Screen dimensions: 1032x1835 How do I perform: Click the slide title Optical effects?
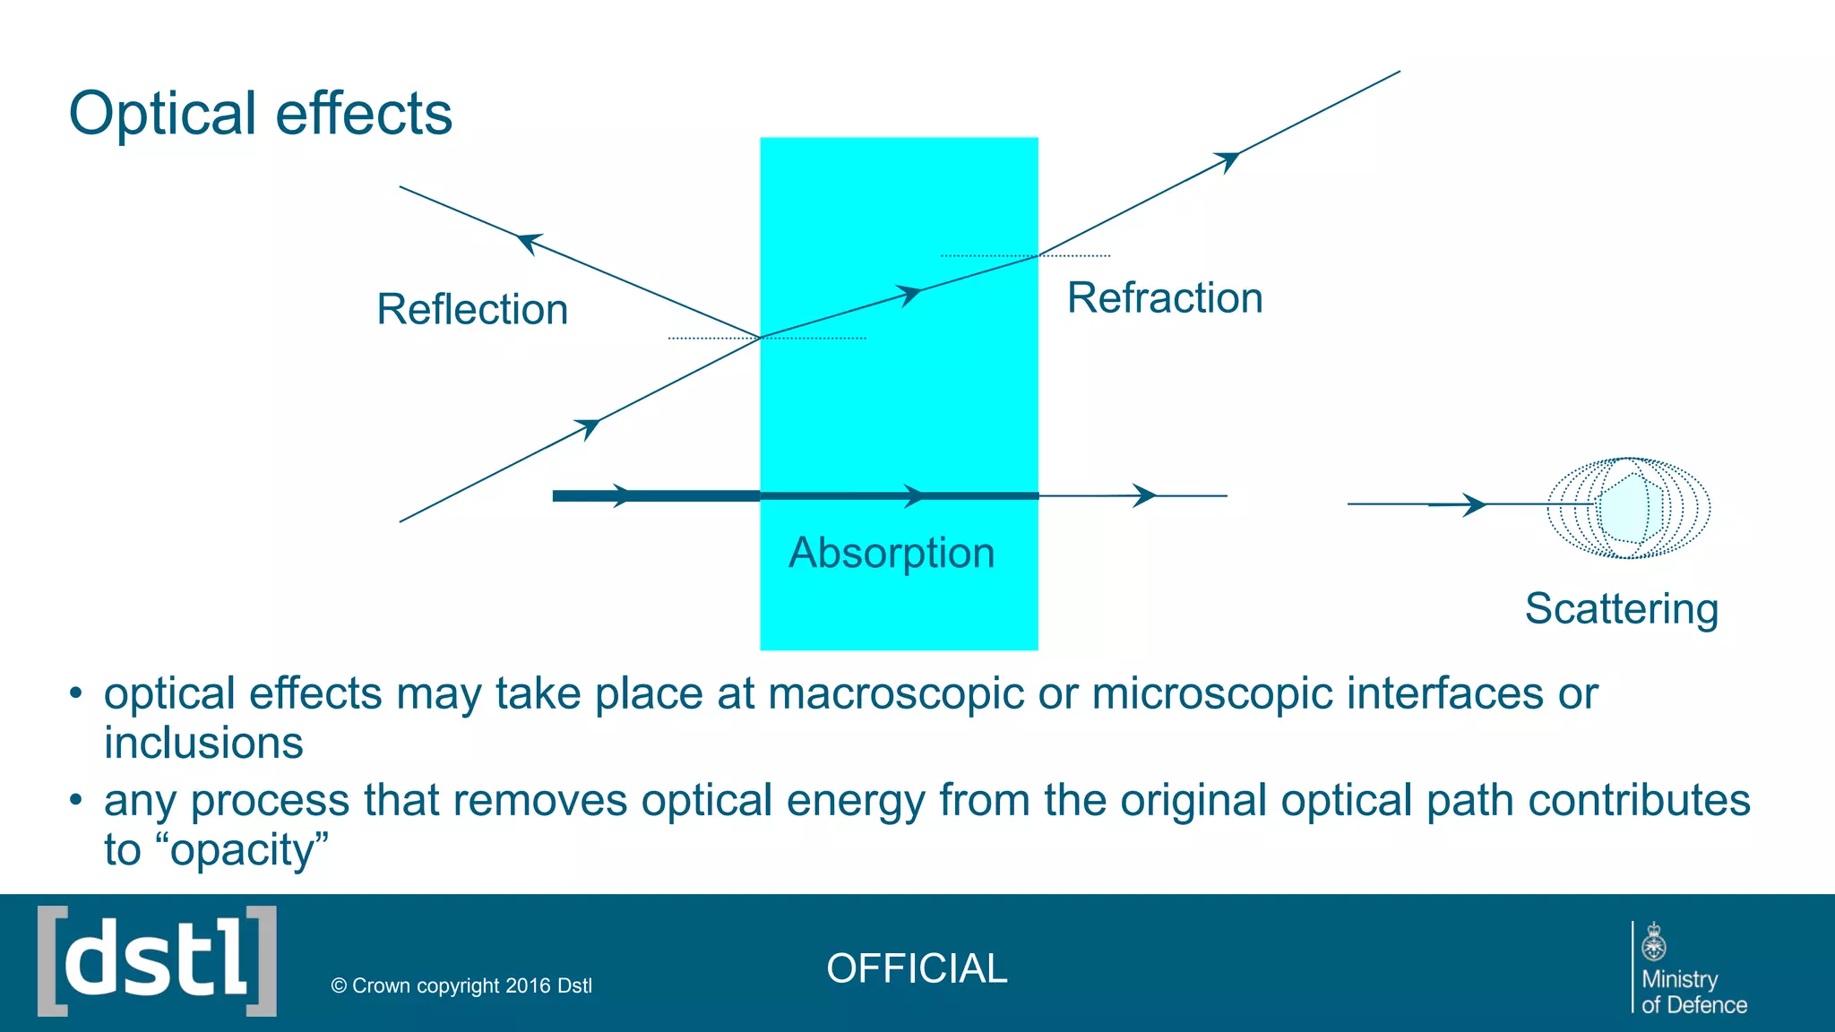(x=260, y=114)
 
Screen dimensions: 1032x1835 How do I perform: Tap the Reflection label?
(x=472, y=310)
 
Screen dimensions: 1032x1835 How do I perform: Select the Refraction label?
(x=1164, y=298)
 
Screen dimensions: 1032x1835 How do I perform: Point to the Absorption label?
(x=891, y=553)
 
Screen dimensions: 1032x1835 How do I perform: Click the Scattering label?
(x=1621, y=609)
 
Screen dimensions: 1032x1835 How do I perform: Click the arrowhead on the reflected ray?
(x=530, y=242)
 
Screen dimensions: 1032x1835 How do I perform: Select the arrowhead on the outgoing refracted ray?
(x=1228, y=160)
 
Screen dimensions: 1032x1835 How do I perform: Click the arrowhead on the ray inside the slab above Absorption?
(x=910, y=295)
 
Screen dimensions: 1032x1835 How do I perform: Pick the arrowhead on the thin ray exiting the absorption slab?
(x=1144, y=495)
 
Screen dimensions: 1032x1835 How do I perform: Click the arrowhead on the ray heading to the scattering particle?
(x=1474, y=505)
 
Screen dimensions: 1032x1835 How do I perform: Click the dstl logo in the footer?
(x=157, y=961)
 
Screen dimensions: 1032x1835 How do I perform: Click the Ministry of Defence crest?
(x=1654, y=942)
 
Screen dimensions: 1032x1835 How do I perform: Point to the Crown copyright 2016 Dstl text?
(x=461, y=986)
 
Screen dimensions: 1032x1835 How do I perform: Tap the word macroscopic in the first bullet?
(x=896, y=694)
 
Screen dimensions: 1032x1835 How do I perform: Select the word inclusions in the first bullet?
(x=203, y=744)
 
